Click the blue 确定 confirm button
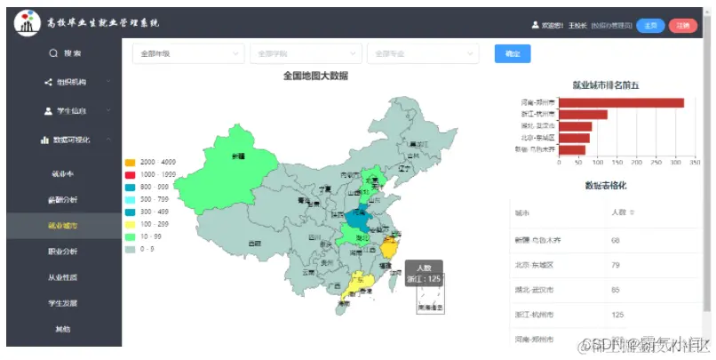(x=513, y=54)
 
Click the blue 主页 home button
(x=651, y=25)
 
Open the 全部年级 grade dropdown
(x=187, y=54)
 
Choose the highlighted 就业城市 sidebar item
(x=62, y=226)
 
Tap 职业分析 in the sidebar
(x=62, y=252)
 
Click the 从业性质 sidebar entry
(x=62, y=277)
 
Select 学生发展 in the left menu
(x=62, y=303)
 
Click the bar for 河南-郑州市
(x=621, y=102)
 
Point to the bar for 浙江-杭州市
(x=583, y=114)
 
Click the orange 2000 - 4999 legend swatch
(x=131, y=162)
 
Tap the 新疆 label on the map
(x=237, y=156)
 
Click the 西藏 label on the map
(x=255, y=242)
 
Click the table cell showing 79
(x=616, y=265)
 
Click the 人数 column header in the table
(x=619, y=212)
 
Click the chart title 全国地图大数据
(x=315, y=76)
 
